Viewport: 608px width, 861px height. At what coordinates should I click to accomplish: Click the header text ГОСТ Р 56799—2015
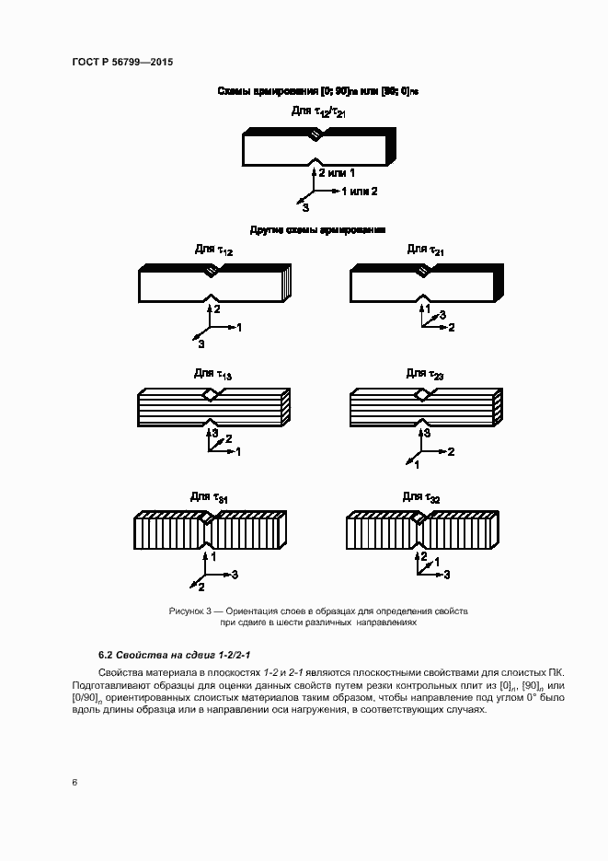tap(122, 62)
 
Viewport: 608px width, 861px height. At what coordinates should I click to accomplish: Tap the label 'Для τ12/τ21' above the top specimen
tap(318, 112)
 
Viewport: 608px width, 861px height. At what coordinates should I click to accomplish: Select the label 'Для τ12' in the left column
tap(213, 250)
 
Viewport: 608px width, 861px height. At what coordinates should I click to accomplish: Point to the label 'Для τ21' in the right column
tap(426, 250)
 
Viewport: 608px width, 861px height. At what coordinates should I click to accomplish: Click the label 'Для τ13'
tap(212, 374)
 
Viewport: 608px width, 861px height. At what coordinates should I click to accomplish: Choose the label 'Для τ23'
tap(425, 373)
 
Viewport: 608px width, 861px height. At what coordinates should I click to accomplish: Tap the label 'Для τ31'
tap(210, 497)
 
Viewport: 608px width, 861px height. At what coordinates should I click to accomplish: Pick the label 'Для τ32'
tap(421, 497)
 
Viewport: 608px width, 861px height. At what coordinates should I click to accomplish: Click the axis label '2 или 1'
tap(337, 172)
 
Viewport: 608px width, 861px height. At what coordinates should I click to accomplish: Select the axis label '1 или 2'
tap(360, 192)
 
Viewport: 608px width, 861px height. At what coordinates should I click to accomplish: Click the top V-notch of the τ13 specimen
tap(212, 394)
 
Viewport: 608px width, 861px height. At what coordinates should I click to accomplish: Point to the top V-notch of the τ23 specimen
tap(423, 394)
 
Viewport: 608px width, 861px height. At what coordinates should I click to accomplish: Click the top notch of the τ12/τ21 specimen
tap(315, 135)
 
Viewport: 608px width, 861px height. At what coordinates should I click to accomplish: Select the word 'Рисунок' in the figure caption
tap(189, 611)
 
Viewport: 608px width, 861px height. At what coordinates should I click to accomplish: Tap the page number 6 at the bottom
tap(75, 782)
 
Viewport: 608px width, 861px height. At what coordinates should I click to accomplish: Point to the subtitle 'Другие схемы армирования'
tap(317, 229)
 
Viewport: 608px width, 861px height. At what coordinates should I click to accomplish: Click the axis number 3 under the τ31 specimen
tap(235, 575)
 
